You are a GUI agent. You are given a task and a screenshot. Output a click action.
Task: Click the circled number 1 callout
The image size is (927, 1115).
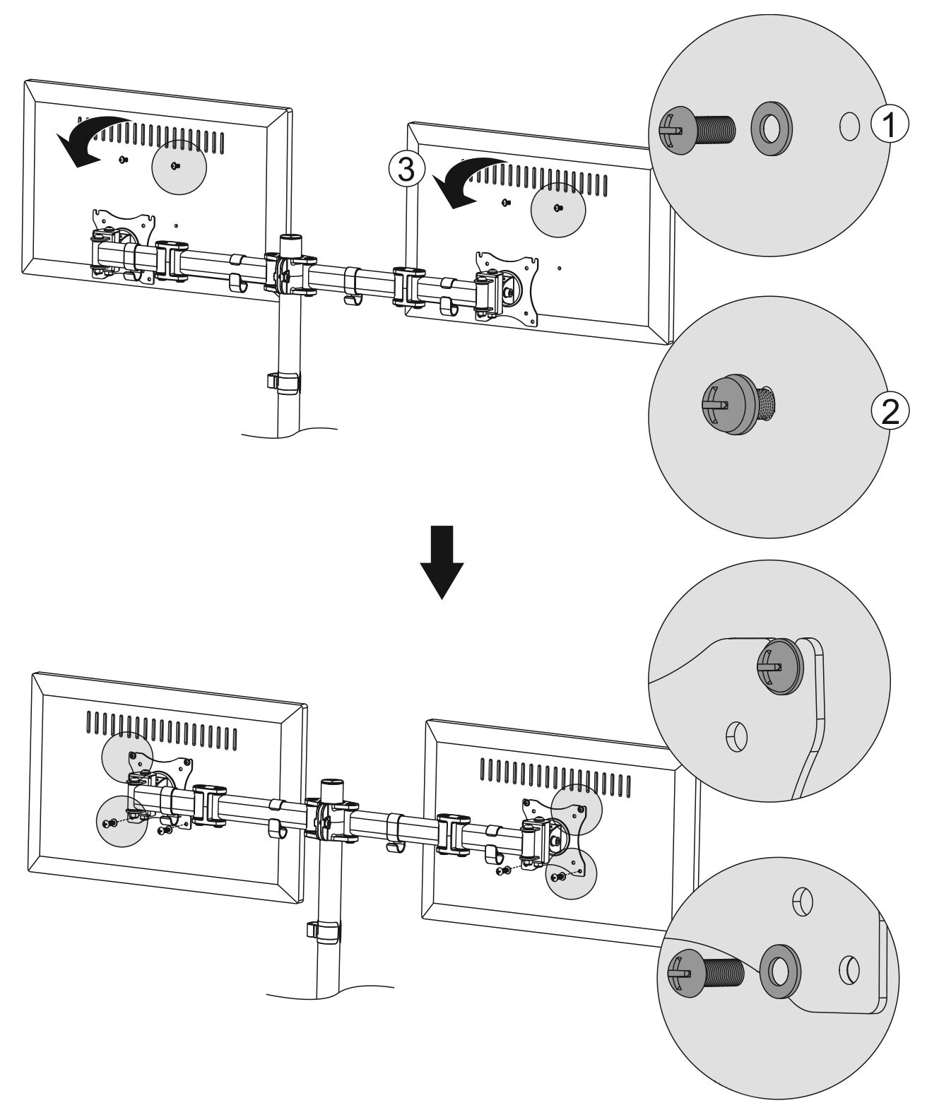point(890,124)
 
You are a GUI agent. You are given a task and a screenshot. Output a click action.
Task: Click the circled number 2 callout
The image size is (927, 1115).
point(890,411)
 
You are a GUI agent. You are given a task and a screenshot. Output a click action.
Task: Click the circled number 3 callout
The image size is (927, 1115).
point(406,170)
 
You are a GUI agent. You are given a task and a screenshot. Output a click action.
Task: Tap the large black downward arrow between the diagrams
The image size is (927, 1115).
point(442,562)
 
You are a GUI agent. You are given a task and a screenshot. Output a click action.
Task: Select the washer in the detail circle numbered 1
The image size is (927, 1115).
point(772,129)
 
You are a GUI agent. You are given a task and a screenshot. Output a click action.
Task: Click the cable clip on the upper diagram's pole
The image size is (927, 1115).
point(283,382)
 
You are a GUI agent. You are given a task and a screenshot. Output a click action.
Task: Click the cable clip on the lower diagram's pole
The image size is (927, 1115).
point(324,931)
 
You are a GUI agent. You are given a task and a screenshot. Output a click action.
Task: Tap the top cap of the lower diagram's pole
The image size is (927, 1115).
point(333,784)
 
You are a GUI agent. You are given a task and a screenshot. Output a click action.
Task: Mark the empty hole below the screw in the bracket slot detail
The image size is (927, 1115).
point(737,738)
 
